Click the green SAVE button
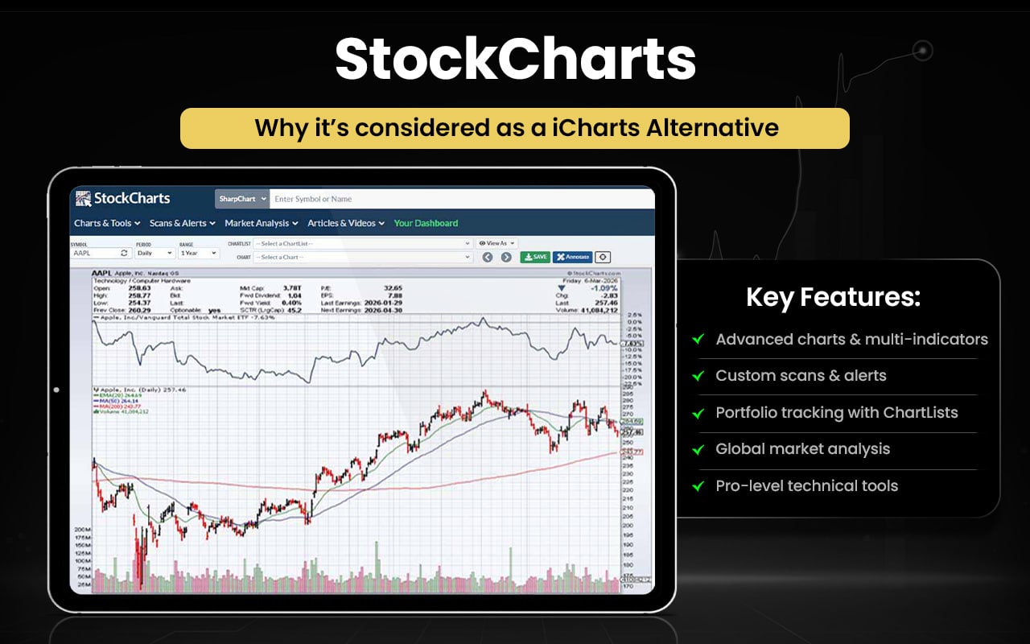(x=535, y=257)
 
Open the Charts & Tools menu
(x=107, y=223)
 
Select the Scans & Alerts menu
(x=183, y=223)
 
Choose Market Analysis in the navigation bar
(x=262, y=223)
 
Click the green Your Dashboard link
(x=426, y=223)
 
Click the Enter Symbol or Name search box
(x=459, y=199)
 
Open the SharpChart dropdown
(x=241, y=199)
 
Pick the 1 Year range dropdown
(x=199, y=253)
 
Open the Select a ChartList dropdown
(x=362, y=243)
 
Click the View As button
(x=496, y=243)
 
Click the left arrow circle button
(x=488, y=258)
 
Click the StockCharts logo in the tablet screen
(x=122, y=198)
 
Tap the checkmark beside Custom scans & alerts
(x=698, y=376)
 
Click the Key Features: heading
(x=833, y=298)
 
